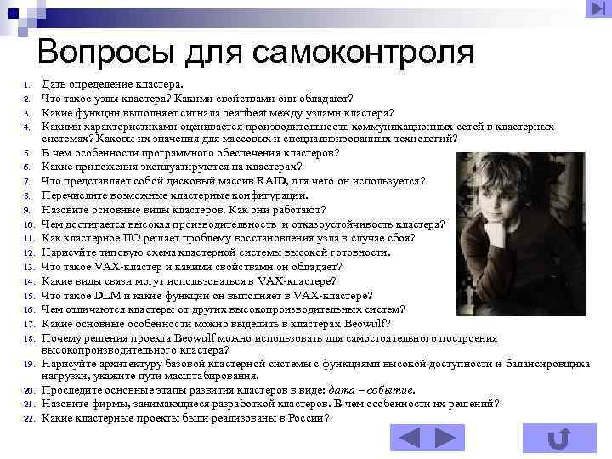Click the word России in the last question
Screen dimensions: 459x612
coord(309,418)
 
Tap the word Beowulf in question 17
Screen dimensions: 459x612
coord(366,323)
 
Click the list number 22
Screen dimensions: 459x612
coord(27,419)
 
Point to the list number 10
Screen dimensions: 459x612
coord(27,225)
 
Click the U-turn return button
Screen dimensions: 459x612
coord(558,438)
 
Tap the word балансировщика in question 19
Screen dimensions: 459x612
coord(550,364)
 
